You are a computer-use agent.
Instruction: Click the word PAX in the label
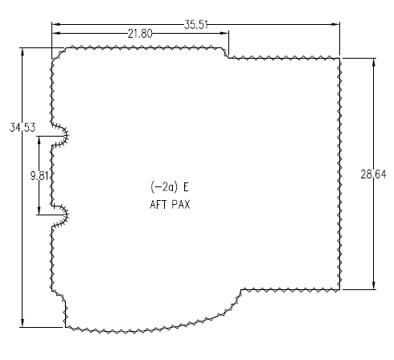pyautogui.click(x=179, y=204)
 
